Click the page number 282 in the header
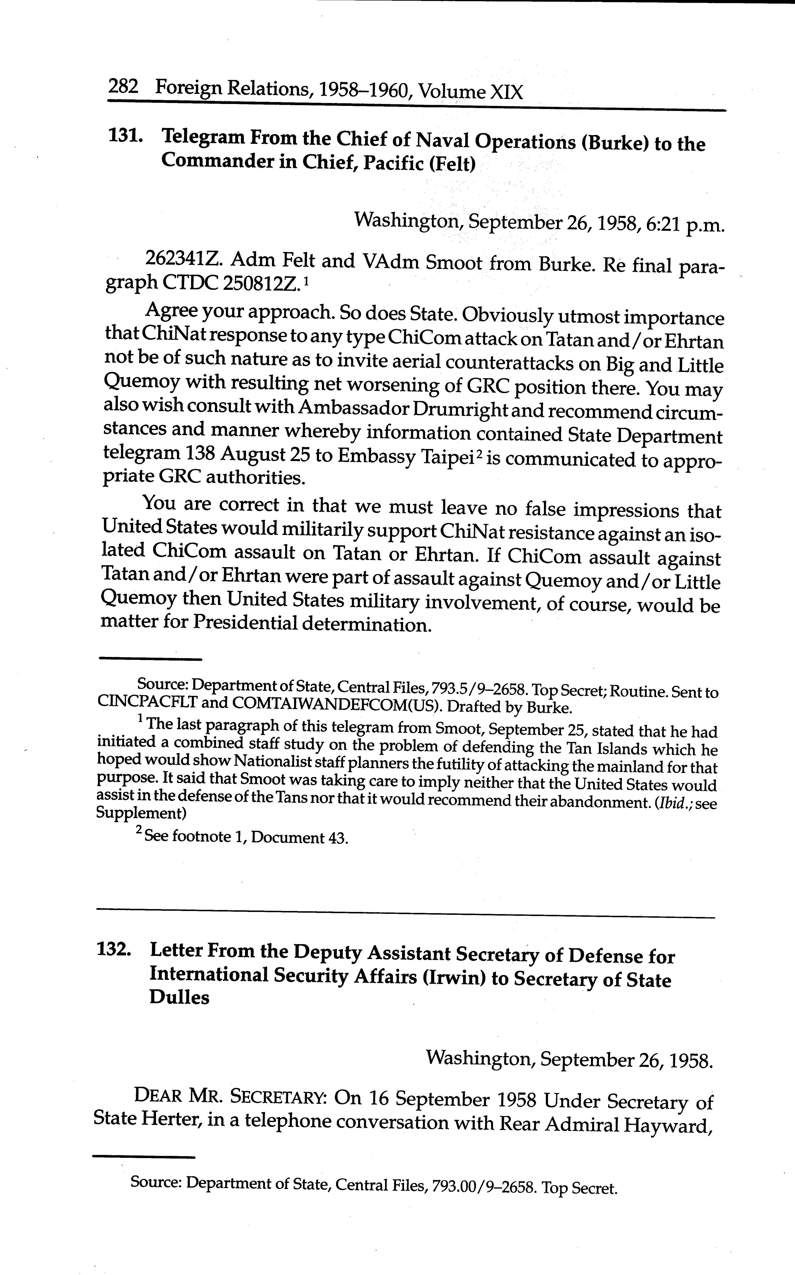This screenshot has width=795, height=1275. [122, 86]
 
